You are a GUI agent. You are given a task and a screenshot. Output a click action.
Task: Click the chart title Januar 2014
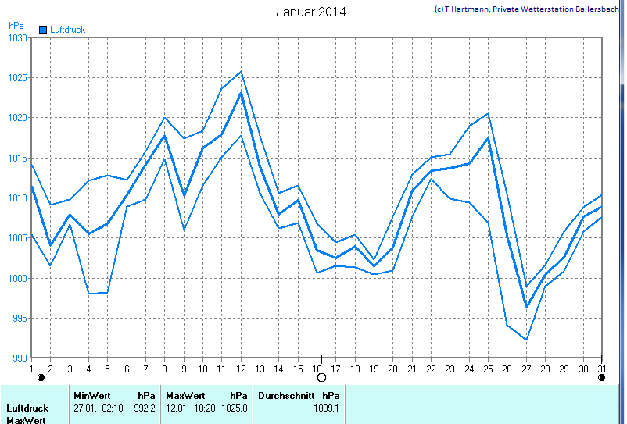click(311, 12)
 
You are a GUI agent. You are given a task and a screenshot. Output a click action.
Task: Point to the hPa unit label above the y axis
click(16, 25)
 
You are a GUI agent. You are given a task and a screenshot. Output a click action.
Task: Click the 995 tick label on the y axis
click(19, 319)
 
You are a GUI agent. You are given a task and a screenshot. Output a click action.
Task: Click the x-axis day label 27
click(527, 369)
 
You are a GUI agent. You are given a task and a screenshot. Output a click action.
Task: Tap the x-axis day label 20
click(392, 369)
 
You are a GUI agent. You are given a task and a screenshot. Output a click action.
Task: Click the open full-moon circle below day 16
click(321, 377)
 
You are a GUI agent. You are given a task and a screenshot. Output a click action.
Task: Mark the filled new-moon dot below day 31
click(601, 377)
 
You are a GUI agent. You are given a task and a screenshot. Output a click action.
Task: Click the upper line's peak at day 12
click(241, 72)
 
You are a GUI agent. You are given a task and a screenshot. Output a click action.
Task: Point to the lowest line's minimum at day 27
click(527, 340)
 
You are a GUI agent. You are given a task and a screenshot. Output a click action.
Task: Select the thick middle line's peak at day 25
click(489, 138)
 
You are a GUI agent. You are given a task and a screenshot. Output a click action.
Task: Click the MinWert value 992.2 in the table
click(145, 408)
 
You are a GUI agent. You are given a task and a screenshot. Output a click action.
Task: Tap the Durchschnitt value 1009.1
click(326, 408)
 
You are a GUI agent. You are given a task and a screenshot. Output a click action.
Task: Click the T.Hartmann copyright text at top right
click(528, 9)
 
